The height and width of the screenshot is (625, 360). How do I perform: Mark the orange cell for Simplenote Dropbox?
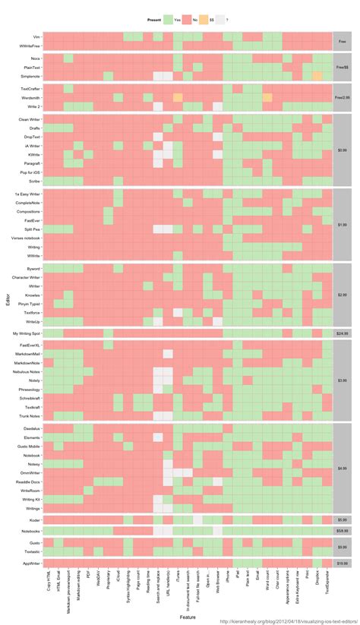coord(317,77)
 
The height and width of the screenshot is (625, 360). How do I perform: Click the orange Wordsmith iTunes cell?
coord(178,98)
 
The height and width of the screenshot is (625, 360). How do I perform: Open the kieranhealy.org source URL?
coord(289,620)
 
